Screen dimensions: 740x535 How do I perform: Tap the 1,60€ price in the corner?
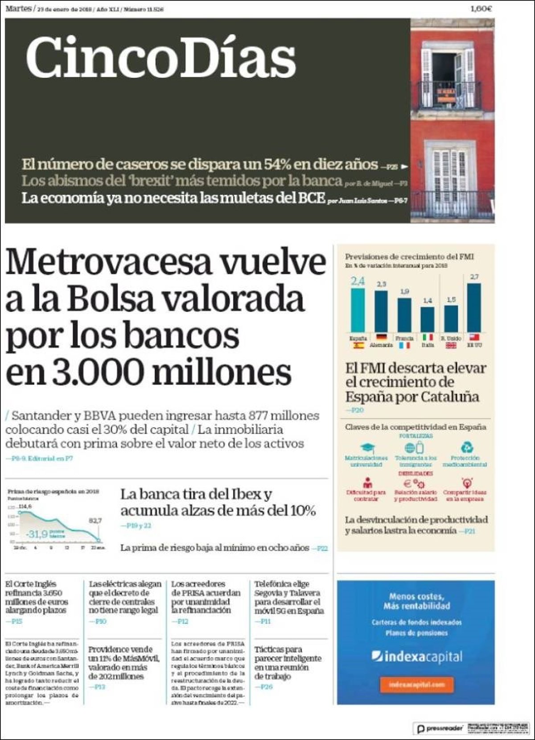pyautogui.click(x=481, y=9)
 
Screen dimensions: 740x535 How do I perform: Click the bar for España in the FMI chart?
pyautogui.click(x=358, y=310)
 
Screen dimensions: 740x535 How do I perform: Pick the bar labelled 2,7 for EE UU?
pyautogui.click(x=474, y=308)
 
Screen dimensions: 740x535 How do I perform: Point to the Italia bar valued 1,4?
pyautogui.click(x=428, y=319)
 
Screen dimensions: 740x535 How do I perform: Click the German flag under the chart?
pyautogui.click(x=381, y=338)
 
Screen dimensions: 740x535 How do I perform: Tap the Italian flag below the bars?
pyautogui.click(x=428, y=338)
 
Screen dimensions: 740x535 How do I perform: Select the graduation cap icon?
pyautogui.click(x=367, y=447)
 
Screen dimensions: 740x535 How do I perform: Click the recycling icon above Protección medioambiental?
pyautogui.click(x=466, y=447)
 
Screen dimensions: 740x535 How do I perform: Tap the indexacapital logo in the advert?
pyautogui.click(x=417, y=657)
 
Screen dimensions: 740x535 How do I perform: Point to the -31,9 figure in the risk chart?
pyautogui.click(x=37, y=534)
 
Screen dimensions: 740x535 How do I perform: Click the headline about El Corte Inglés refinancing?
pyautogui.click(x=37, y=597)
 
